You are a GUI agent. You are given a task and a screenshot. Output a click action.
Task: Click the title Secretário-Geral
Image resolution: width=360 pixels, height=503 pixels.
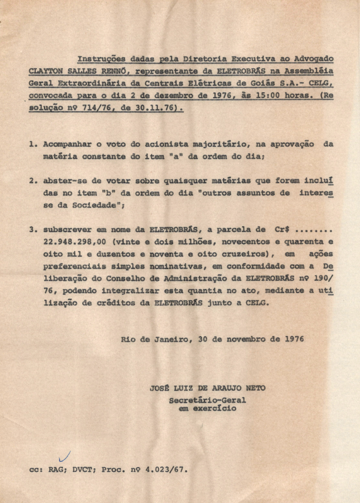pyautogui.click(x=207, y=401)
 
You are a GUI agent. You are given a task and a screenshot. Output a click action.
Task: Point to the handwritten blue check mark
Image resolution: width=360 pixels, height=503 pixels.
pyautogui.click(x=66, y=455)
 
